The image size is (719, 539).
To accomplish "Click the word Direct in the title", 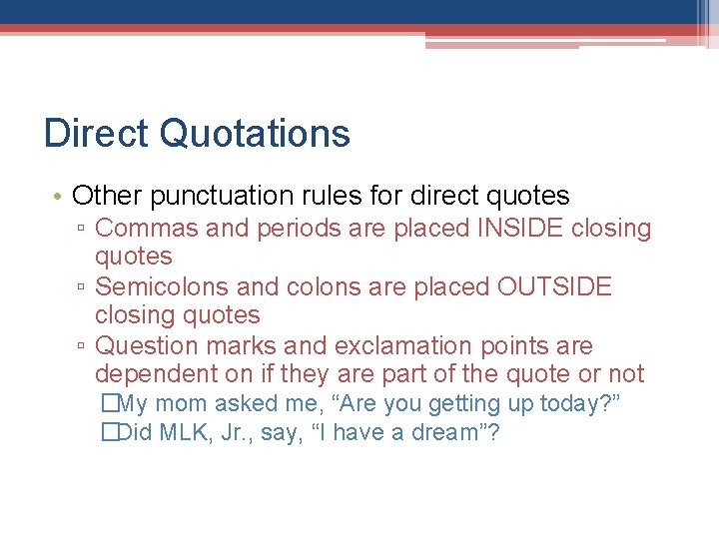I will [x=96, y=133].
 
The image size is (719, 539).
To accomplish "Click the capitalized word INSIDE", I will [x=522, y=229].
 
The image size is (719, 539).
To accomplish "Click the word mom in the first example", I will [x=180, y=404].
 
